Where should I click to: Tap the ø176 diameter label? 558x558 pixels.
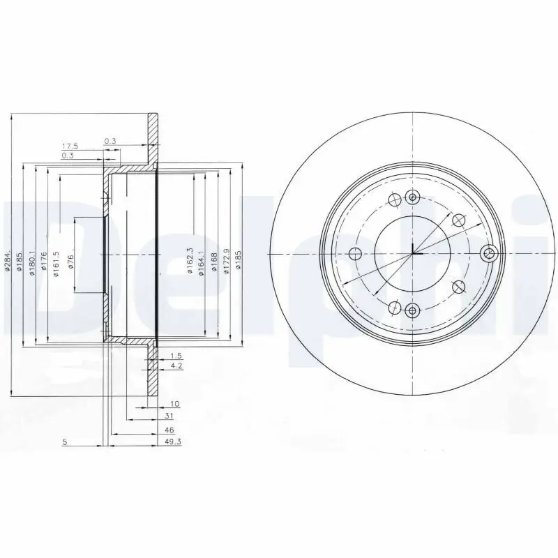pyautogui.click(x=45, y=263)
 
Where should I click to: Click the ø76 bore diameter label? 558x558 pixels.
pyautogui.click(x=70, y=262)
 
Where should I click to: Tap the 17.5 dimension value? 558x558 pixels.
pyautogui.click(x=70, y=146)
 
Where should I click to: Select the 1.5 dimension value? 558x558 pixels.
pyautogui.click(x=176, y=356)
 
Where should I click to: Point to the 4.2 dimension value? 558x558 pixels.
pyautogui.click(x=176, y=365)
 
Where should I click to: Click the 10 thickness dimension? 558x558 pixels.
pyautogui.click(x=174, y=404)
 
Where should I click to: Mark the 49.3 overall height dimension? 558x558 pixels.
pyautogui.click(x=173, y=443)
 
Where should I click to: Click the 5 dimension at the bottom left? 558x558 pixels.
pyautogui.click(x=64, y=442)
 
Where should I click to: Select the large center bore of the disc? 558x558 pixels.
pyautogui.click(x=412, y=252)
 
